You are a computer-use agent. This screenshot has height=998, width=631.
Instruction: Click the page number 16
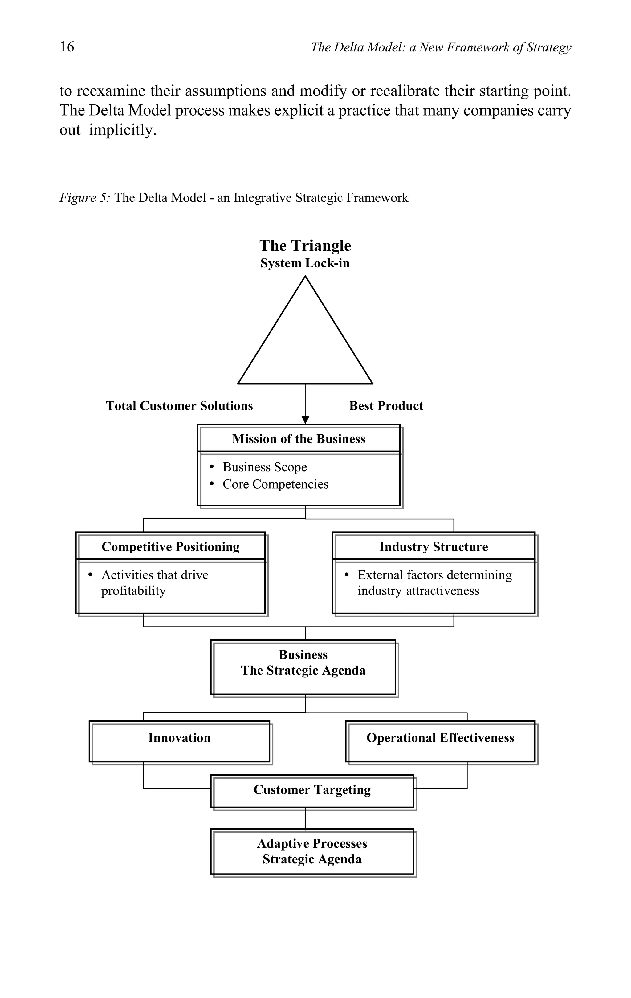tap(67, 47)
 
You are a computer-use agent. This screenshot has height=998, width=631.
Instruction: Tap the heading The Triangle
tap(305, 245)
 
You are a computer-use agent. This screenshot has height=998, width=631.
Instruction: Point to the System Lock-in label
tap(305, 263)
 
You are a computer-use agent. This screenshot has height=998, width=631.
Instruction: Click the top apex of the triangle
tap(305, 277)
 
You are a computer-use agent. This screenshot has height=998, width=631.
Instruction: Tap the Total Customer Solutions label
tap(179, 406)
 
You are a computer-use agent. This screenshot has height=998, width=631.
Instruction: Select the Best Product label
tap(386, 406)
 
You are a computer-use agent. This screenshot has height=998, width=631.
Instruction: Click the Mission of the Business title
tap(299, 439)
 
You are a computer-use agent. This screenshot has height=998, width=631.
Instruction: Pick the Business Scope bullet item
tap(264, 467)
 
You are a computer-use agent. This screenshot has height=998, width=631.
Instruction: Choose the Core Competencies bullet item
tap(275, 484)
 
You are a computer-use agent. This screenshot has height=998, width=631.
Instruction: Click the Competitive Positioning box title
tap(170, 547)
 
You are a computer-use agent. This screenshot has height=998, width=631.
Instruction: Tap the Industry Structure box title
tap(433, 547)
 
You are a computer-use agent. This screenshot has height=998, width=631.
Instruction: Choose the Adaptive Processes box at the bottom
tap(312, 851)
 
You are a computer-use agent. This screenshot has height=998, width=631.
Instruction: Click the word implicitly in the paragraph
tap(123, 130)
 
